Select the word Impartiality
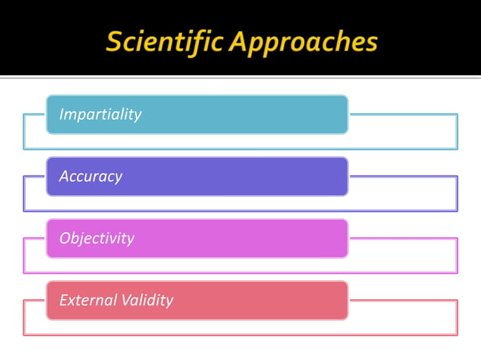100,114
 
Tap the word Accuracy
90,176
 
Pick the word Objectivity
97,238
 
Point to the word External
87,300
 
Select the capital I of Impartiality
61,114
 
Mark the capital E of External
63,300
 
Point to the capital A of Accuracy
64,176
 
